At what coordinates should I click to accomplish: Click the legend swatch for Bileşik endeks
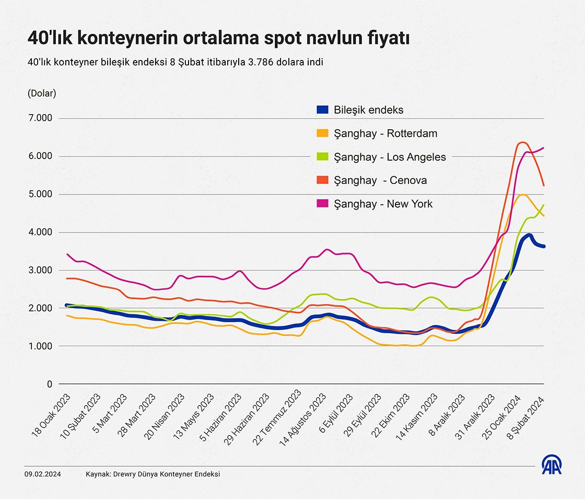click(322, 110)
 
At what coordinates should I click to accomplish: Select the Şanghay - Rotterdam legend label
click(385, 133)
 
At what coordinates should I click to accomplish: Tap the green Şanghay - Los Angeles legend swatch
click(322, 157)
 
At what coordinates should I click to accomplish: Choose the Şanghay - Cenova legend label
click(380, 180)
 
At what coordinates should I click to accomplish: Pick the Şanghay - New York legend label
click(383, 204)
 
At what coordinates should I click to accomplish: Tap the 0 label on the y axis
click(50, 384)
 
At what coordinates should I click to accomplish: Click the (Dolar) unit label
click(41, 93)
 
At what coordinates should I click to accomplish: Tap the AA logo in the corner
click(552, 465)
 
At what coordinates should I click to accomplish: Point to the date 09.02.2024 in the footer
click(43, 474)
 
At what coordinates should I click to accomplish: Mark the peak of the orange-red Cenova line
click(522, 142)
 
